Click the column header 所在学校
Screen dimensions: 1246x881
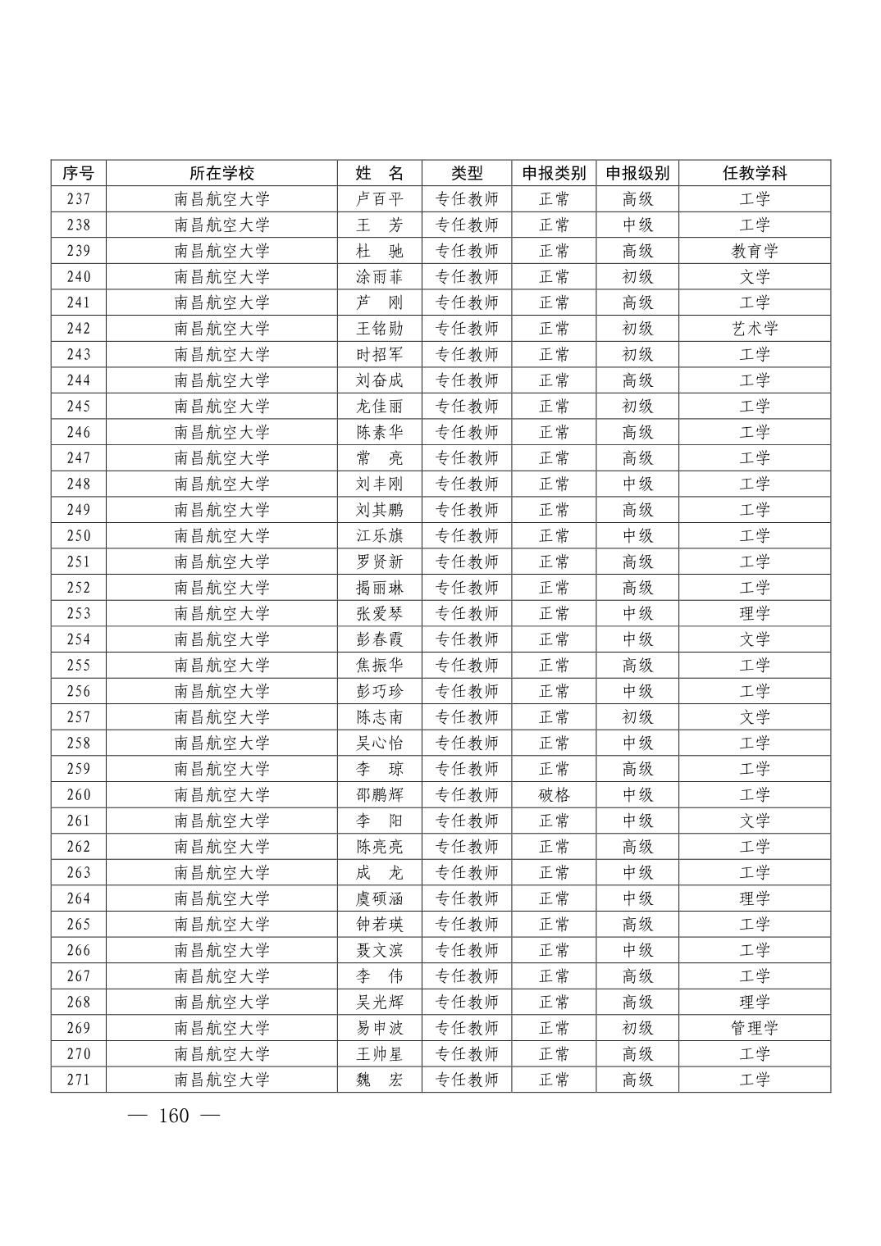pyautogui.click(x=221, y=173)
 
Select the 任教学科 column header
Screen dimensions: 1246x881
pyautogui.click(x=755, y=173)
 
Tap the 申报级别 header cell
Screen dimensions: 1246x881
pyautogui.click(x=637, y=173)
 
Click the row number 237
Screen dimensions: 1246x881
pyautogui.click(x=79, y=199)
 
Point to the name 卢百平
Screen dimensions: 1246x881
pyautogui.click(x=380, y=199)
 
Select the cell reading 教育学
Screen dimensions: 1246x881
pyautogui.click(x=755, y=251)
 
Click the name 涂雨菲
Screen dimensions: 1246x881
pyautogui.click(x=380, y=277)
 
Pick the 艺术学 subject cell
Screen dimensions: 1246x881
pyautogui.click(x=755, y=329)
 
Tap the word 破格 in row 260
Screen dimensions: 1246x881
pyautogui.click(x=554, y=795)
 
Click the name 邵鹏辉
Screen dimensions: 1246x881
pyautogui.click(x=380, y=795)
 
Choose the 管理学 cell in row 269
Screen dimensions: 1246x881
pyautogui.click(x=755, y=1028)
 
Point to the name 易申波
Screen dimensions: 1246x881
pyautogui.click(x=380, y=1028)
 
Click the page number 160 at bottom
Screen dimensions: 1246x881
pyautogui.click(x=174, y=1116)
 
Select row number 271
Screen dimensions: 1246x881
pyautogui.click(x=79, y=1080)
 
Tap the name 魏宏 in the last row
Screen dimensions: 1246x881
pyautogui.click(x=380, y=1080)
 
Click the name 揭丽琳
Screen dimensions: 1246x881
pyautogui.click(x=380, y=588)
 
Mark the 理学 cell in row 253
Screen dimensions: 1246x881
pyautogui.click(x=755, y=613)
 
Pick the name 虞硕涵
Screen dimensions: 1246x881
pyautogui.click(x=380, y=898)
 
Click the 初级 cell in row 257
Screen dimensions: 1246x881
pyautogui.click(x=637, y=717)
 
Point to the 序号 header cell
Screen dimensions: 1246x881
pyautogui.click(x=79, y=173)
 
